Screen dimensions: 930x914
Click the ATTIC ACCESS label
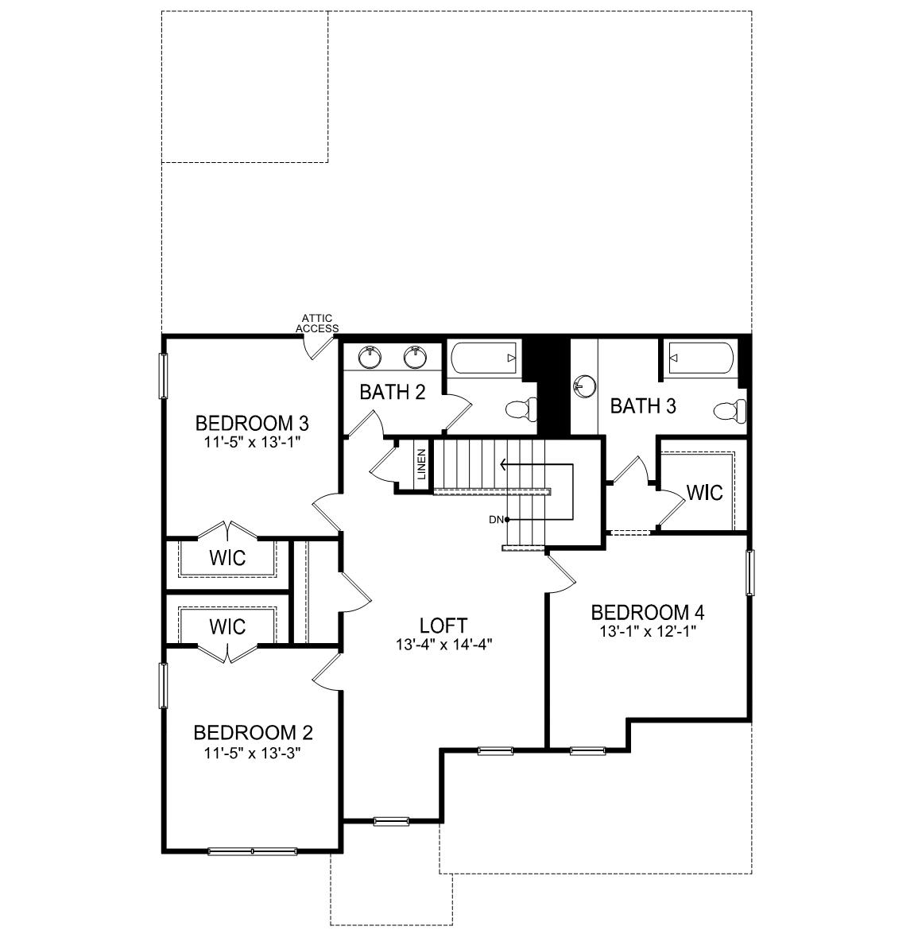click(317, 324)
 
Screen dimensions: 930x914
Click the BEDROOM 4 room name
click(648, 612)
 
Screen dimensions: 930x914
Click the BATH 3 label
click(643, 406)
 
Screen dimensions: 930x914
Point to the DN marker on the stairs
click(496, 520)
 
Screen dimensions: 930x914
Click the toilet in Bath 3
click(729, 410)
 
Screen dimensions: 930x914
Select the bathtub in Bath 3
click(699, 358)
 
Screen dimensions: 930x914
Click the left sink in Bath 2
click(370, 357)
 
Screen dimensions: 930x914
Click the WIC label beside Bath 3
click(704, 493)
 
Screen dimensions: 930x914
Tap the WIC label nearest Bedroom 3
click(227, 557)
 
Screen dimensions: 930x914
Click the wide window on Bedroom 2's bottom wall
click(252, 851)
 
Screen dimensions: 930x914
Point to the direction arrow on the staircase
click(504, 463)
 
